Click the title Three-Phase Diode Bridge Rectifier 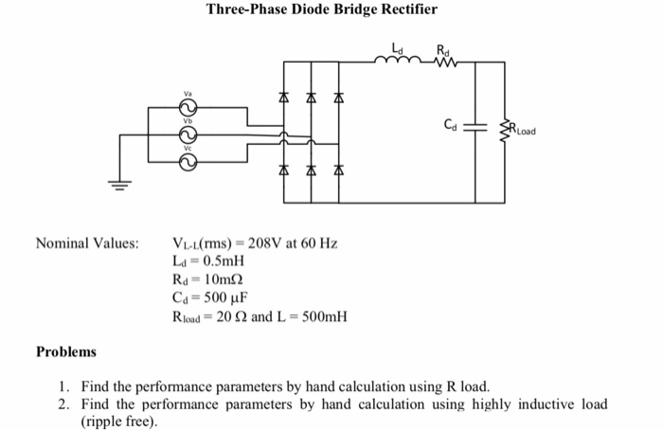point(322,10)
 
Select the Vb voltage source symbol point(188,134)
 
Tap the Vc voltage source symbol point(188,162)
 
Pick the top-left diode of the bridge point(284,98)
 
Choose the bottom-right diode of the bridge point(339,170)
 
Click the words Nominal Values point(87,243)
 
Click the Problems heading point(66,351)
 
